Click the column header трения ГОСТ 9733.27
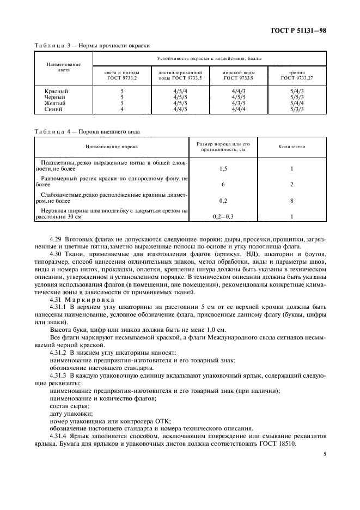(x=296, y=75)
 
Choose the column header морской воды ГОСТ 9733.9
(x=239, y=75)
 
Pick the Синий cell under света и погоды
(x=122, y=109)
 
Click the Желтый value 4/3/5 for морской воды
(x=239, y=103)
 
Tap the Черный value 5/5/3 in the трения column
(x=296, y=97)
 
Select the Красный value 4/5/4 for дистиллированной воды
(x=180, y=90)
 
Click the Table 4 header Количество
(x=292, y=147)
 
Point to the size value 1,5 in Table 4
(x=223, y=169)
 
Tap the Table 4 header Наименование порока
(x=111, y=147)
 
